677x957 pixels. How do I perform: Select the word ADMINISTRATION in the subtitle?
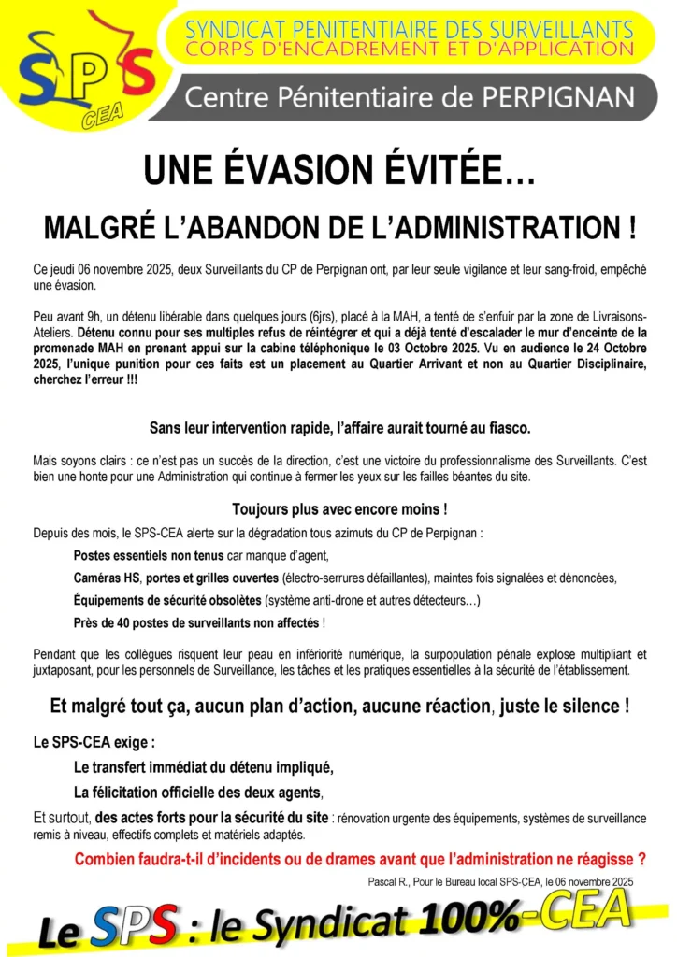484,227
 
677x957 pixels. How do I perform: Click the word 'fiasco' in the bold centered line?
506,428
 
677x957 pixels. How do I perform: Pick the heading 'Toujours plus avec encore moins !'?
338,509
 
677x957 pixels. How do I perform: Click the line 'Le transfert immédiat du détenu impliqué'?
203,768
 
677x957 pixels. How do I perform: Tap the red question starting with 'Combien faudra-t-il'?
360,859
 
